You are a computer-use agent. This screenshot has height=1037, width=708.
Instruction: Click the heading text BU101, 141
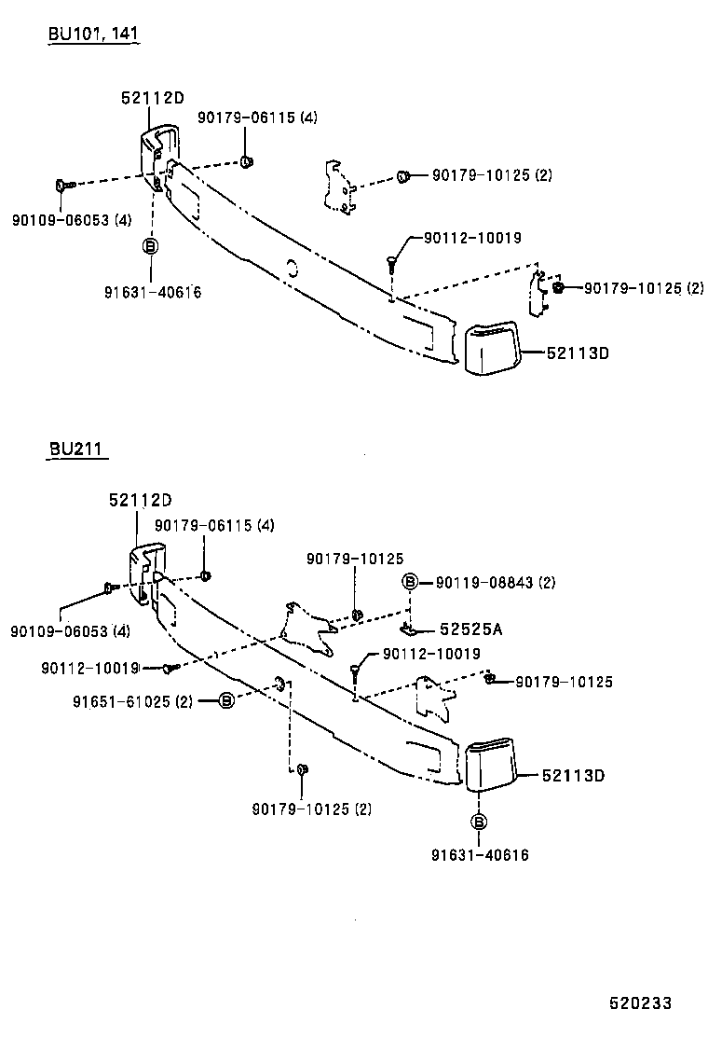coord(94,35)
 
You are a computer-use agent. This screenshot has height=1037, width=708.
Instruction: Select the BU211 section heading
coord(76,450)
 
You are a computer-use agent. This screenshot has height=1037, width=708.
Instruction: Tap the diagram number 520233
coord(640,1002)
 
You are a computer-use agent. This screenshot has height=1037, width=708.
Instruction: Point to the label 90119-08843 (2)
coord(495,583)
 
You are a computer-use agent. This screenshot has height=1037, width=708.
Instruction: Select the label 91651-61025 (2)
coord(131,700)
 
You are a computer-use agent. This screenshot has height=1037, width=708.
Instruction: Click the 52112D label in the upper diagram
coord(152,98)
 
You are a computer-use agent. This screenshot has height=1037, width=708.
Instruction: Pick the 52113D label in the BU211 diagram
coord(575,775)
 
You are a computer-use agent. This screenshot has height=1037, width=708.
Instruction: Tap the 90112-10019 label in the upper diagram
coord(472,239)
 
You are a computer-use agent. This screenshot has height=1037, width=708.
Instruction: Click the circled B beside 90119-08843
coord(410,583)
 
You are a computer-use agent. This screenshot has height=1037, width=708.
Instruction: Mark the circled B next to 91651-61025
coord(227,700)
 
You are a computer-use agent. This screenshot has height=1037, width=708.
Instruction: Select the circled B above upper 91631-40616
coord(149,246)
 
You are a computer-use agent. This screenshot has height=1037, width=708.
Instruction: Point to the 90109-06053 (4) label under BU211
coord(71,631)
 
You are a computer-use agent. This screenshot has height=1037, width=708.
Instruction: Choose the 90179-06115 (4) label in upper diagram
coord(257,118)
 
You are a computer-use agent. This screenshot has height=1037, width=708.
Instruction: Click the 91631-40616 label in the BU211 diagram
coord(480,854)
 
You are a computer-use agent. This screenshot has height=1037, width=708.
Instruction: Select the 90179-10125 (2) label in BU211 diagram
coord(311,809)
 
